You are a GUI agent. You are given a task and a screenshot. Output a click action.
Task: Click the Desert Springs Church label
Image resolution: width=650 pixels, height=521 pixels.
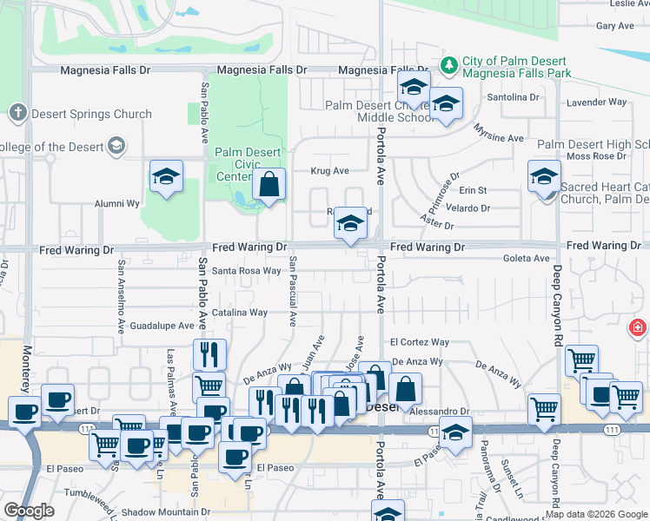pyautogui.click(x=90, y=114)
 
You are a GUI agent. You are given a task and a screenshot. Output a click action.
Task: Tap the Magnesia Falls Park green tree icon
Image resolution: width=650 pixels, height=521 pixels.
pyautogui.click(x=449, y=63)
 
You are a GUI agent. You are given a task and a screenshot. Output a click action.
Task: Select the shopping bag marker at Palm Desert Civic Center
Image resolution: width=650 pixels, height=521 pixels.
pyautogui.click(x=269, y=184)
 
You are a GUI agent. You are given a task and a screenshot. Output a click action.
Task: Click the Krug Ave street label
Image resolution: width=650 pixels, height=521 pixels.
pyautogui.click(x=329, y=171)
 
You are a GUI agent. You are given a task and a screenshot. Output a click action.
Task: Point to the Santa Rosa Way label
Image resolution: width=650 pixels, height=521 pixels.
pyautogui.click(x=247, y=271)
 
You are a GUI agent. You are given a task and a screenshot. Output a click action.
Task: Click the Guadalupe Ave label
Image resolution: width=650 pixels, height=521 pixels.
pyautogui.click(x=162, y=326)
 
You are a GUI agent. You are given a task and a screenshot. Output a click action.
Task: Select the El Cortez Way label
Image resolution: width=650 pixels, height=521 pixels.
pyautogui.click(x=420, y=343)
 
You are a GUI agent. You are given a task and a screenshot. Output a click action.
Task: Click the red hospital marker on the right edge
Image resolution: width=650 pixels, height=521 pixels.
pyautogui.click(x=639, y=328)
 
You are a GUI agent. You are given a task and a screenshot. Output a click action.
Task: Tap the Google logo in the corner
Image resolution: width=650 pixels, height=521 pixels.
pyautogui.click(x=30, y=510)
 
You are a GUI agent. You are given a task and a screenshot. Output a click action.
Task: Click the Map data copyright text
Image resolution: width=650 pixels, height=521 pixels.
pyautogui.click(x=596, y=514)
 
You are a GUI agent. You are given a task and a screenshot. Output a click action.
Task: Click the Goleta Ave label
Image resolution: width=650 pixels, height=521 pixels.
pyautogui.click(x=528, y=258)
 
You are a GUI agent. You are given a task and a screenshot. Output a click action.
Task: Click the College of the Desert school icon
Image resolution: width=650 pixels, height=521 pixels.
pyautogui.click(x=116, y=146)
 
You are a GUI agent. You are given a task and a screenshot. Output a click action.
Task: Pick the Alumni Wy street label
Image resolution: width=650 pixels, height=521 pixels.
pyautogui.click(x=117, y=204)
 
